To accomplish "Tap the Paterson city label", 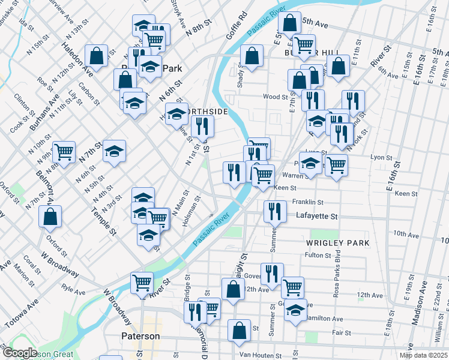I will [140, 336].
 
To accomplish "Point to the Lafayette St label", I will [316, 216].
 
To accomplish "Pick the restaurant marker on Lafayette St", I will [275, 211].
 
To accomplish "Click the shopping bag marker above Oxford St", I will [50, 216].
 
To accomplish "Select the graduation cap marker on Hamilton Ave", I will [295, 310].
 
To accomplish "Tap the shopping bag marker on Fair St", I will [239, 330].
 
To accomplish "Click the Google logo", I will [19, 353].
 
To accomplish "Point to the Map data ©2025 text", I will [423, 355].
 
